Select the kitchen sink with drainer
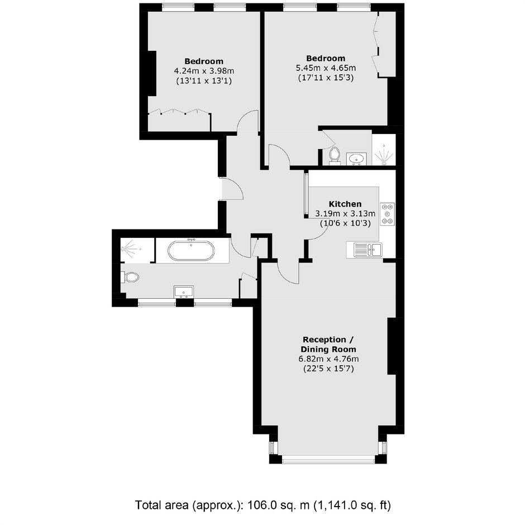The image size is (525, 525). point(365,250)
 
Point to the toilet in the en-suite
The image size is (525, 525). point(334,156)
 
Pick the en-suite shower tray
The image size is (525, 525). point(384,150)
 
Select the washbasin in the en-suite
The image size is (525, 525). point(356,159)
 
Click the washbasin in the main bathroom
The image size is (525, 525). point(184,292)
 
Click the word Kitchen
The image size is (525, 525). point(345,204)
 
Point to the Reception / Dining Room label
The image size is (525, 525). point(328,345)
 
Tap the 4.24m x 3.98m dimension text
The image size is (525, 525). point(204,71)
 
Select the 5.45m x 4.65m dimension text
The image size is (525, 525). point(326,68)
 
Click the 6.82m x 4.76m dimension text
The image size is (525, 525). point(328,359)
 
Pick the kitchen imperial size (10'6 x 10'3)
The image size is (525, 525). point(345,223)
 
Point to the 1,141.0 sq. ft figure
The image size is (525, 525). point(352,505)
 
